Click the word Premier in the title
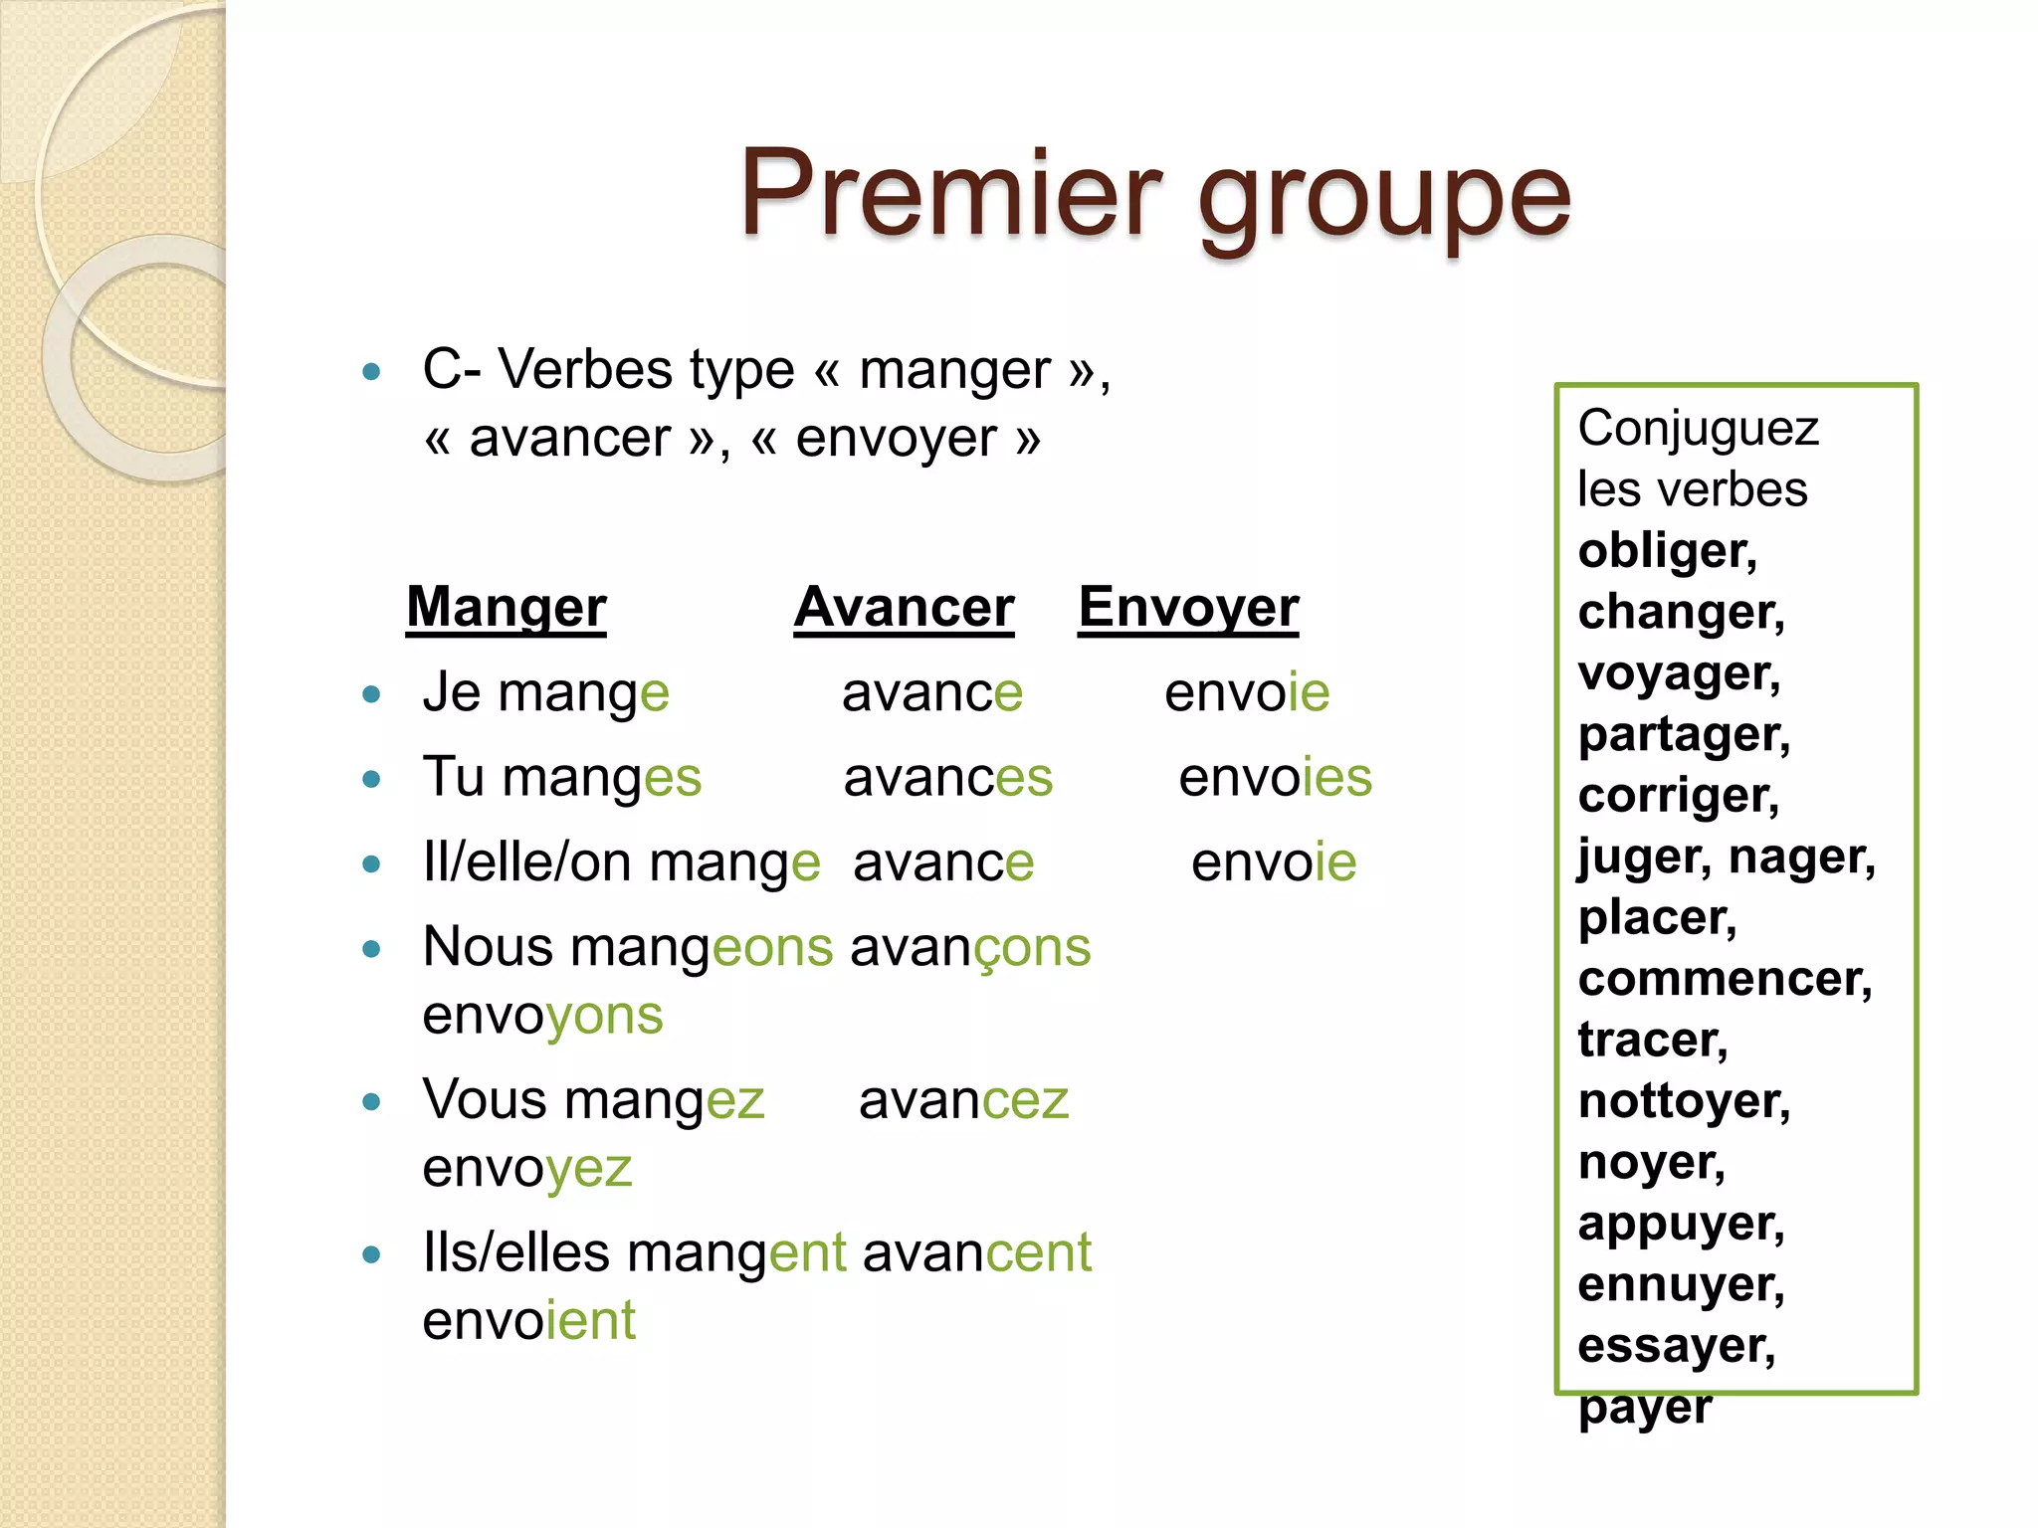pos(949,193)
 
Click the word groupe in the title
pos(1383,199)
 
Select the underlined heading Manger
pos(507,607)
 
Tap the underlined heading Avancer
pos(904,607)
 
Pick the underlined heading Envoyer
pos(1188,607)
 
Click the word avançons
pos(970,947)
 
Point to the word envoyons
pos(542,1016)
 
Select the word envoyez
pos(527,1168)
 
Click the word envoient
pos(528,1321)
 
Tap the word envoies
pos(1275,777)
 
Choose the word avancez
pos(963,1100)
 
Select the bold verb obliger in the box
pos(1667,551)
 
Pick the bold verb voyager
pos(1679,673)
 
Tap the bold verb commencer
pos(1725,979)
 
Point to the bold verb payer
pos(1645,1407)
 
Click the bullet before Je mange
pos(372,694)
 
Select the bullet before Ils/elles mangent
pos(372,1254)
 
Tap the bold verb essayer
pos(1676,1346)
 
